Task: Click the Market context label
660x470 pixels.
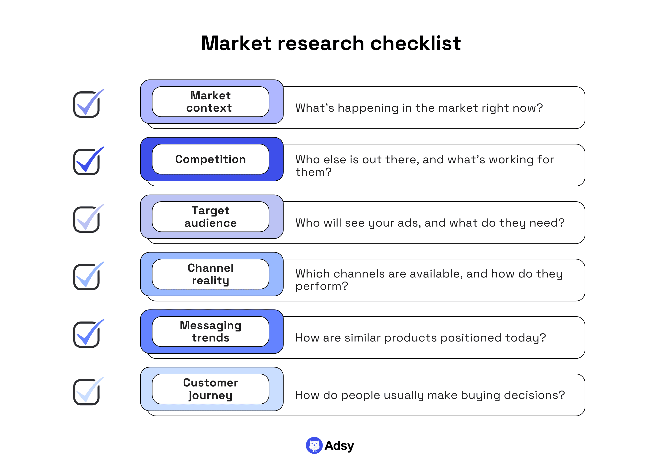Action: (x=210, y=102)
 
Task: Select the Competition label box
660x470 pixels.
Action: (x=210, y=159)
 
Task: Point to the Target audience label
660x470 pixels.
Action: (x=210, y=217)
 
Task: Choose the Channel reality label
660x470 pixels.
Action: (x=210, y=274)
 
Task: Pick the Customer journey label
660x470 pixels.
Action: (x=210, y=389)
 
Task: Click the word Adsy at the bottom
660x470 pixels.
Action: (x=339, y=446)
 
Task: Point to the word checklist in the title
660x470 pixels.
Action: (x=415, y=43)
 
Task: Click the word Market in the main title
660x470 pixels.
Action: (x=236, y=43)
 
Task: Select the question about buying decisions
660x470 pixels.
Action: (x=430, y=395)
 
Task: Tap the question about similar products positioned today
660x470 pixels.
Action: (x=420, y=338)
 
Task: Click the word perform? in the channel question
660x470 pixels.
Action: (x=322, y=286)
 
